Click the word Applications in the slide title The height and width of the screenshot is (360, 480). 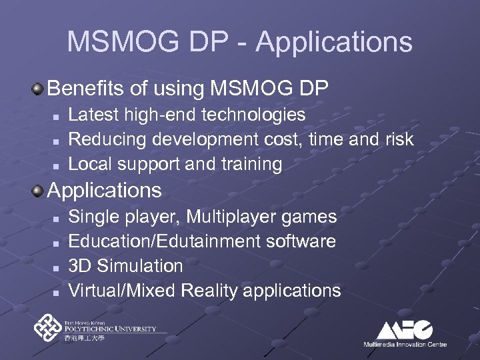(334, 42)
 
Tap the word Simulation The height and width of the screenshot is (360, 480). (140, 266)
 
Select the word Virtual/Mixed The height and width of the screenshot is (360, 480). (120, 291)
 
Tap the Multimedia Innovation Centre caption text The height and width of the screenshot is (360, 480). (405, 344)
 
